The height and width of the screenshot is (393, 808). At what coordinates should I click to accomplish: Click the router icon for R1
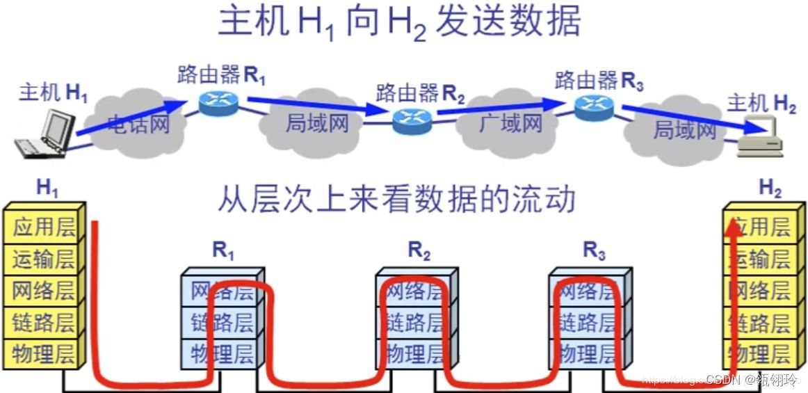(218, 102)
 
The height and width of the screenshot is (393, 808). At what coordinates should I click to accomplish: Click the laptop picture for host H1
(47, 136)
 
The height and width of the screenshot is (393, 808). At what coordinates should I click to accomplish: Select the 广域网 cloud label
(510, 123)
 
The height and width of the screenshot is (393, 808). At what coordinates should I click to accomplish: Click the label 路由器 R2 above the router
(420, 93)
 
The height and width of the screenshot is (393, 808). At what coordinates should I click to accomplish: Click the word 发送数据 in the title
(508, 22)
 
